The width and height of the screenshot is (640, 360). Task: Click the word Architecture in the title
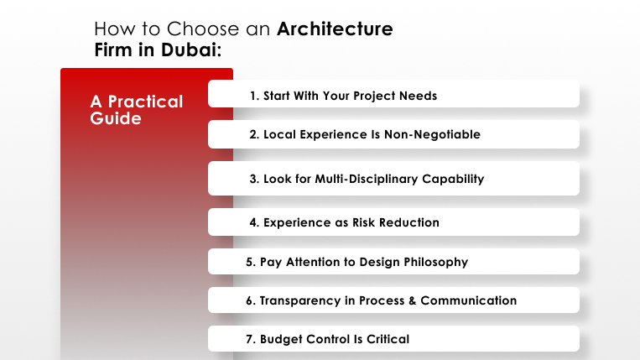click(x=335, y=29)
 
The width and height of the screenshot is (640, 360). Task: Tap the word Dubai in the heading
click(x=190, y=50)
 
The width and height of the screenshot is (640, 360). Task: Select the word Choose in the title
click(x=203, y=29)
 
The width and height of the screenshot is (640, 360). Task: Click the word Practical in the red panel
click(x=145, y=102)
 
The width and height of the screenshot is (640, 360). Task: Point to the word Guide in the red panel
click(x=116, y=118)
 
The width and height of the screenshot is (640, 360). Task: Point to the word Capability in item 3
click(x=453, y=179)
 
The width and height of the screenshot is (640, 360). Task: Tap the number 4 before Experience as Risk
click(x=254, y=222)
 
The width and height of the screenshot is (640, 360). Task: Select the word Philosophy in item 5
click(x=436, y=262)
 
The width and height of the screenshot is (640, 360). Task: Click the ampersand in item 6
click(x=412, y=300)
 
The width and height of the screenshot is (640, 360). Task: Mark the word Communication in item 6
click(x=469, y=300)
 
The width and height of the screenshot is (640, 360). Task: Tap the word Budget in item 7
click(x=281, y=340)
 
